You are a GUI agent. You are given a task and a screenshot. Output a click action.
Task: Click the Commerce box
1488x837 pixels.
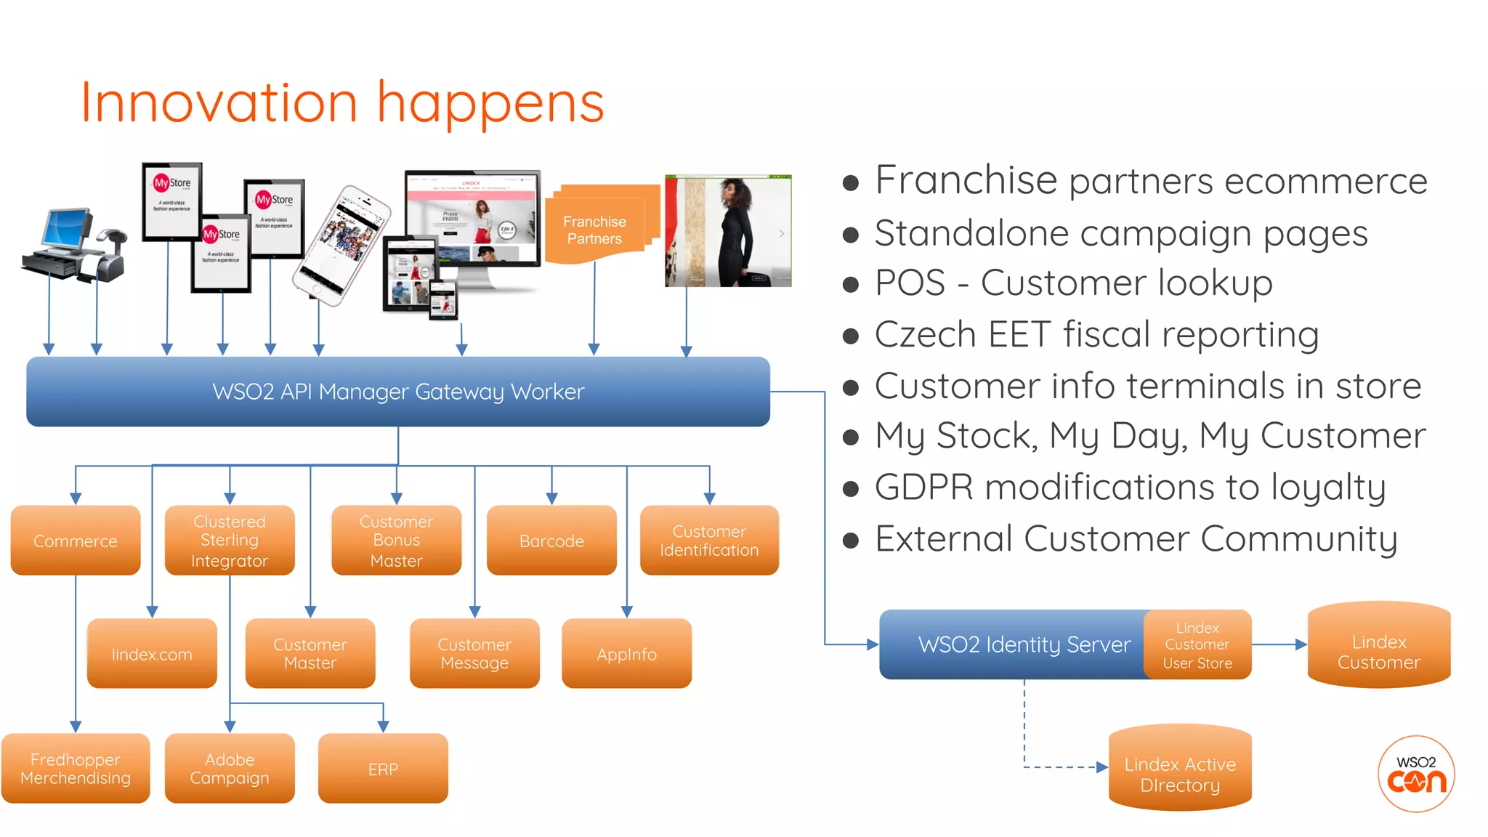76,541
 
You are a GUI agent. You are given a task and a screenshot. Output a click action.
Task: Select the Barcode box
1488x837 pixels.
551,541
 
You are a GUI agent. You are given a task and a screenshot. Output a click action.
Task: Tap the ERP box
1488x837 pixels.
383,769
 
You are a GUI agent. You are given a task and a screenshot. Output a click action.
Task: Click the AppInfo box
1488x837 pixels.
626,654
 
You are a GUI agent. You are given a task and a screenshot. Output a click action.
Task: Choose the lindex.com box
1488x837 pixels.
152,654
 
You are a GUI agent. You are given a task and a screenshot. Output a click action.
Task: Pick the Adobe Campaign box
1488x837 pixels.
230,769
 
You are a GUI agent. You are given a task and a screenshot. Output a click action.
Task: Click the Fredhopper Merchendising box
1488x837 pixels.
76,769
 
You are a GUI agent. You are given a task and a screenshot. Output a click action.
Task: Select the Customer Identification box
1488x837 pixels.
709,541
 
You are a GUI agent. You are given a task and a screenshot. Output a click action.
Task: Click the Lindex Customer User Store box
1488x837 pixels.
1197,645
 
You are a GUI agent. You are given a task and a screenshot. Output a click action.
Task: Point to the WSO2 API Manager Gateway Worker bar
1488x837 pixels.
398,392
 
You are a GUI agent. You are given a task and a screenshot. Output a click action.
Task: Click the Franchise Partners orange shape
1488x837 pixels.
595,229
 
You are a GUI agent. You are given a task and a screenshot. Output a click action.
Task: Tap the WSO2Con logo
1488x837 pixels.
1416,774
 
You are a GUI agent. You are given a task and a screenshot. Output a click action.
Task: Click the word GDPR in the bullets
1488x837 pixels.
923,487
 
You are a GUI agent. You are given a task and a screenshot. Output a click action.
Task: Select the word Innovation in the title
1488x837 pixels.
219,103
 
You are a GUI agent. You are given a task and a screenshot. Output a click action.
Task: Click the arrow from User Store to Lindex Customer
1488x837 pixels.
1279,644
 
